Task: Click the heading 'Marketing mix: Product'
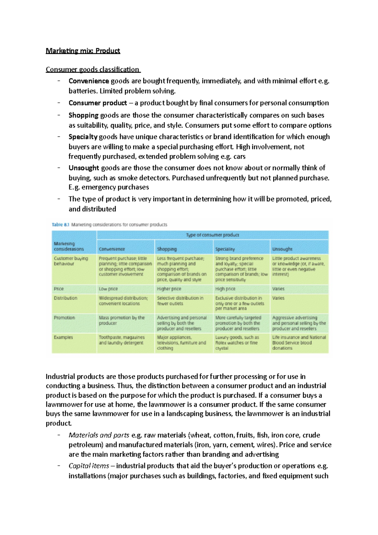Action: click(83, 51)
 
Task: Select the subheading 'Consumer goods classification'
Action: click(93, 69)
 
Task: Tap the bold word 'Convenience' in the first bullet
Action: click(89, 81)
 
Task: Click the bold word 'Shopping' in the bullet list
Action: click(83, 115)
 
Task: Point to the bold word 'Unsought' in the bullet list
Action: click(84, 168)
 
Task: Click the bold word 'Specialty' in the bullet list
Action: click(83, 137)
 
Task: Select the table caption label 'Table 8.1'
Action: click(60, 225)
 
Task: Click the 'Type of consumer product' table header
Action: click(212, 235)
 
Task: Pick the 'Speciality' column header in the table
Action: click(225, 249)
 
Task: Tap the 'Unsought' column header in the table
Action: click(282, 249)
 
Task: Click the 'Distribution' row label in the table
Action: click(66, 298)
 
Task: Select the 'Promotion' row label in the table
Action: click(64, 318)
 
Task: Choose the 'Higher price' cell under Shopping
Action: click(169, 289)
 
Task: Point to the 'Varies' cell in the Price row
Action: click(278, 289)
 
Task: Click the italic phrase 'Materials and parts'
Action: click(99, 435)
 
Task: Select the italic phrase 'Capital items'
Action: click(89, 466)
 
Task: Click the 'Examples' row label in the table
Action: click(63, 337)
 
